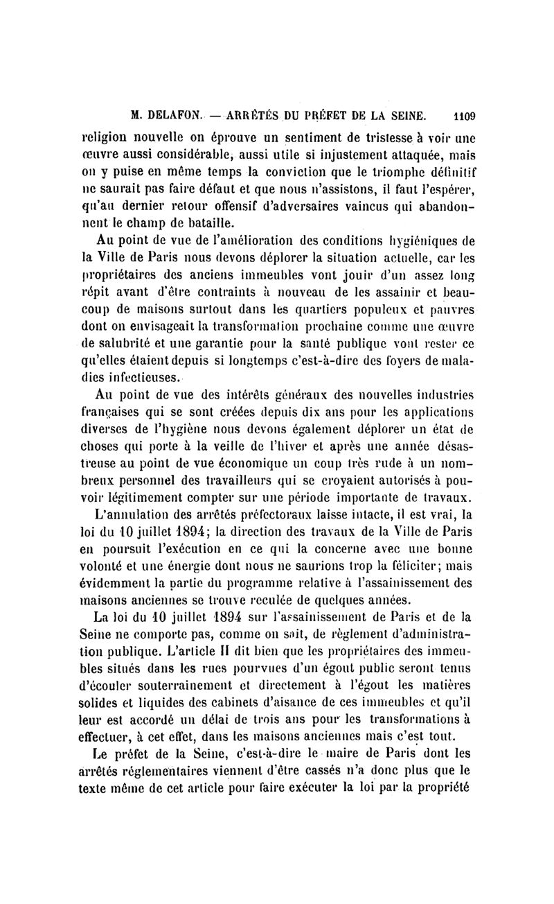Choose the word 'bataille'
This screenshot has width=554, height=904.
click(199, 222)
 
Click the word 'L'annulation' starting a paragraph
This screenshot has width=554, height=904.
click(135, 516)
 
